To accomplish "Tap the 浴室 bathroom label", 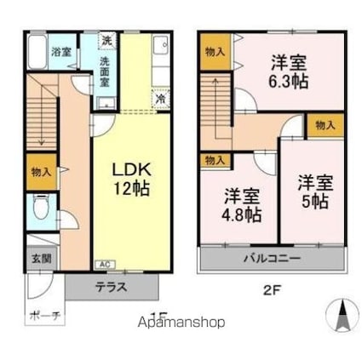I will click(x=60, y=50).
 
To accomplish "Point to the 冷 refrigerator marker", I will click(x=159, y=99).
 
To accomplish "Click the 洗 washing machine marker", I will click(x=106, y=41).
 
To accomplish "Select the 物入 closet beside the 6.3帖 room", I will click(x=215, y=52).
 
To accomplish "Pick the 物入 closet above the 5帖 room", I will click(x=325, y=125).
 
